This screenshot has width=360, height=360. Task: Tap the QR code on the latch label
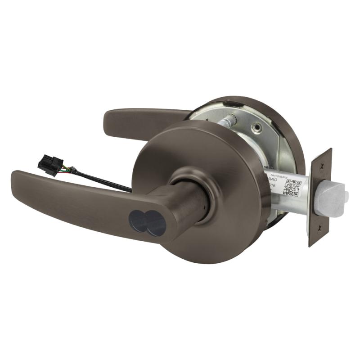(292, 188)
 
